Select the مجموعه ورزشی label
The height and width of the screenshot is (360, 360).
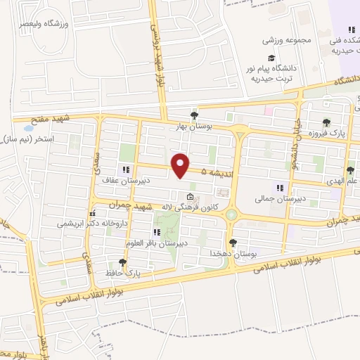coord(288,39)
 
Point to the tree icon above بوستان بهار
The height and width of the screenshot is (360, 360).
coord(194,116)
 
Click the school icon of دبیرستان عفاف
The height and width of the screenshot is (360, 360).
coord(126,169)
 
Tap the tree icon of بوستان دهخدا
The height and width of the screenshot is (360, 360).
coord(233,242)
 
